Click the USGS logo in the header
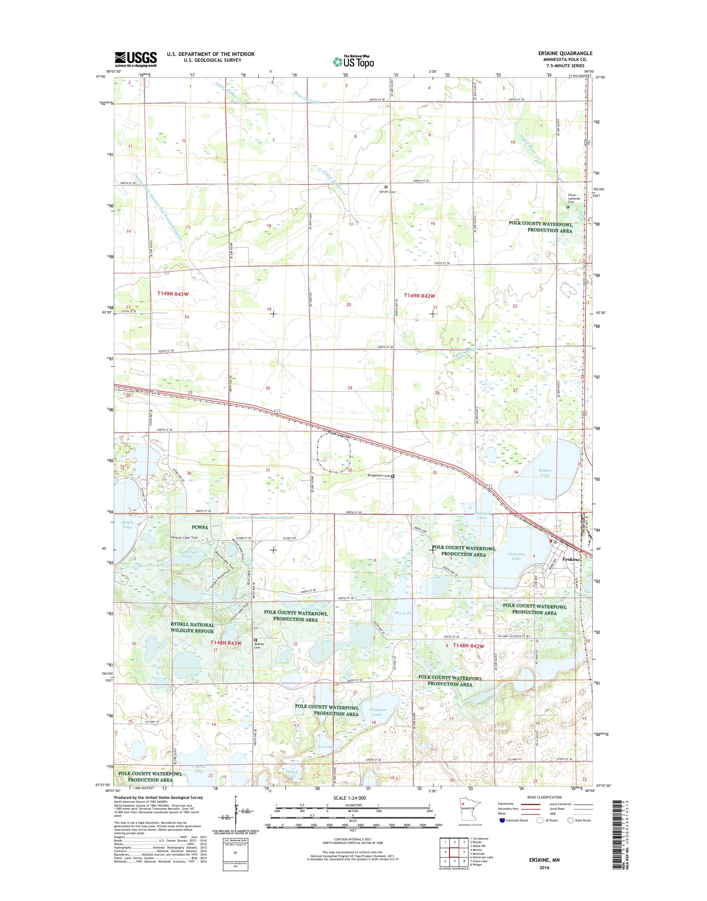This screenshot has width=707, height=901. (136, 59)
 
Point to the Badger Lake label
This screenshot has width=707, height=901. (545, 473)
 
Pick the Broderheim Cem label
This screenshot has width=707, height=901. (379, 476)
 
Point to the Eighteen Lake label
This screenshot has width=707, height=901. (377, 711)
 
